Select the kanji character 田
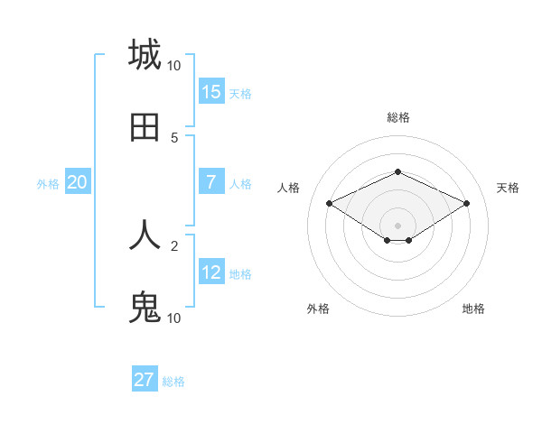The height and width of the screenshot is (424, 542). pyautogui.click(x=145, y=127)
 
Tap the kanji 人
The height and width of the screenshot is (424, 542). pyautogui.click(x=145, y=235)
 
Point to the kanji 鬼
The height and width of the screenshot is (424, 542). pyautogui.click(x=145, y=308)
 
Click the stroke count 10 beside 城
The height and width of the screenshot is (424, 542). pyautogui.click(x=173, y=66)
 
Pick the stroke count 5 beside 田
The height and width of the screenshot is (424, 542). pyautogui.click(x=174, y=138)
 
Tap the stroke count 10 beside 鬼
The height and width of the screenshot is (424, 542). pyautogui.click(x=173, y=318)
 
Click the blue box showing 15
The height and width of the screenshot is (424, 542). pyautogui.click(x=211, y=91)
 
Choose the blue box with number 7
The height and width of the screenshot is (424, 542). pyautogui.click(x=211, y=182)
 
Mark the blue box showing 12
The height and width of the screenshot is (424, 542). pyautogui.click(x=211, y=272)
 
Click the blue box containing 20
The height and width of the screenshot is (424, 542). pyautogui.click(x=78, y=182)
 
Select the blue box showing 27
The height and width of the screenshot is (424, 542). pyautogui.click(x=145, y=380)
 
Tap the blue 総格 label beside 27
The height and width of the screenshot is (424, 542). pyautogui.click(x=173, y=382)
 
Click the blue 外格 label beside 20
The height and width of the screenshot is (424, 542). pyautogui.click(x=48, y=184)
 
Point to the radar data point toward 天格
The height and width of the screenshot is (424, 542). pyautogui.click(x=466, y=203)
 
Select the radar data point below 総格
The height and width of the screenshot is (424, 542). pyautogui.click(x=397, y=171)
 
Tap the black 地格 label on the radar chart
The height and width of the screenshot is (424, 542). pyautogui.click(x=473, y=309)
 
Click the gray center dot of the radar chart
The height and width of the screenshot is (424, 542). pyautogui.click(x=397, y=225)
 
